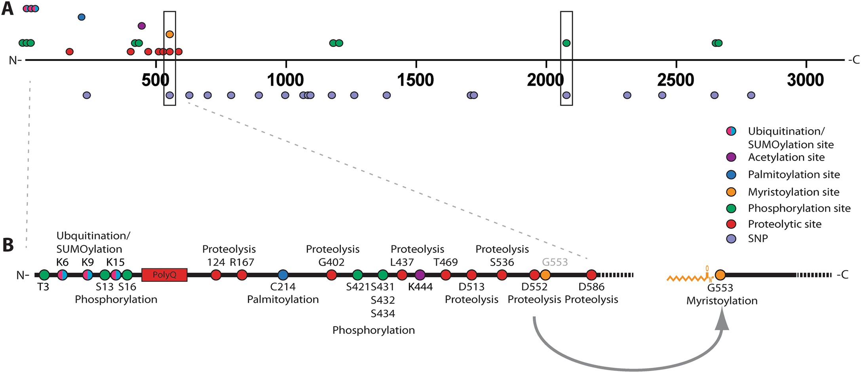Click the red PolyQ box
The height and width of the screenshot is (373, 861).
coord(164,275)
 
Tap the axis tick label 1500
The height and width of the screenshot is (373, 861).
coord(415,80)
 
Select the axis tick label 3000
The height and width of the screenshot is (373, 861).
coord(805,80)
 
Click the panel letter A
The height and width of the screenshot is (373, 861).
coord(7,9)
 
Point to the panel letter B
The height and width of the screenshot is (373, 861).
coord(8,245)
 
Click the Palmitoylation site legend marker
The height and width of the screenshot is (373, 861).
coord(731,174)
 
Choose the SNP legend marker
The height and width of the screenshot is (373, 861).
coord(731,239)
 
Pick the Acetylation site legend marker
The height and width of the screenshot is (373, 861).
coord(731,157)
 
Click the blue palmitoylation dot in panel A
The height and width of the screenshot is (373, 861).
coord(82,17)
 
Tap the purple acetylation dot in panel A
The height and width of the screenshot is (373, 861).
coord(142,26)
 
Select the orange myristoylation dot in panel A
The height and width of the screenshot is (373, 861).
coord(170,34)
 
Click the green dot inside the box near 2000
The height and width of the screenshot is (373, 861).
coord(566,43)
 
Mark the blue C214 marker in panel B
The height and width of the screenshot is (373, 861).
coord(283,275)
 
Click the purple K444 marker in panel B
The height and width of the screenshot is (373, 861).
coord(420,275)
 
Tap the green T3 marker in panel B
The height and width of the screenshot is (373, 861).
coord(44,275)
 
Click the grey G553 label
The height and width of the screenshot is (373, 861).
coord(555,262)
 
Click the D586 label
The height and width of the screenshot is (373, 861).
coord(591,287)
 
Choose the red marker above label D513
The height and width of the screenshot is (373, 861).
coord(471,275)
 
